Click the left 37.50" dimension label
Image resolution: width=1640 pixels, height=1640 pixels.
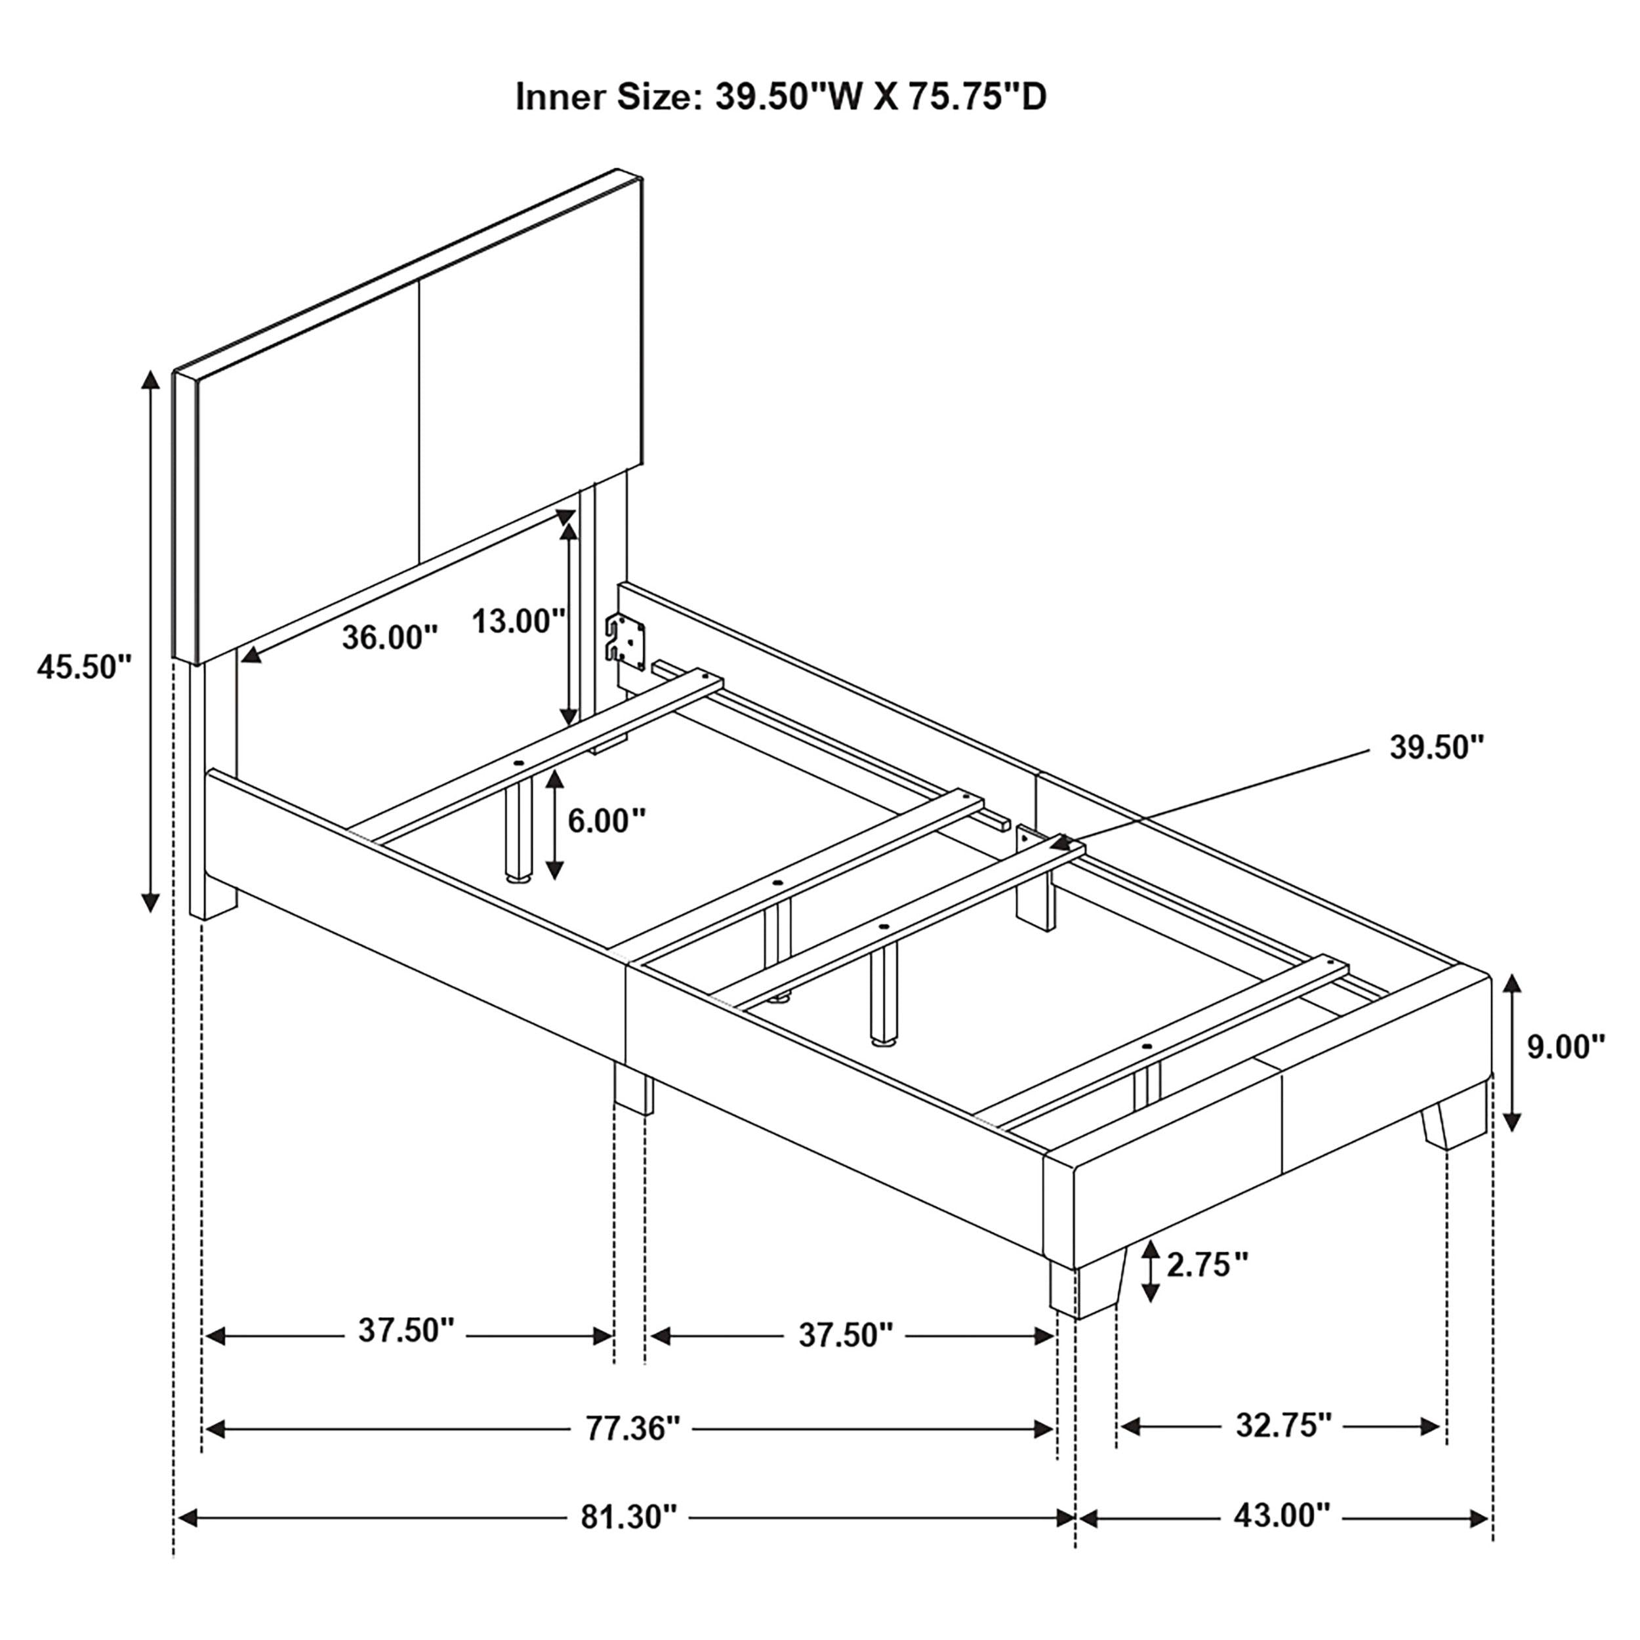(x=407, y=1330)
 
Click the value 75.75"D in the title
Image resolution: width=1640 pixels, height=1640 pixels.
(x=978, y=98)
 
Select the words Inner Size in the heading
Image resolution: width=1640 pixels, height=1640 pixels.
(x=605, y=98)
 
